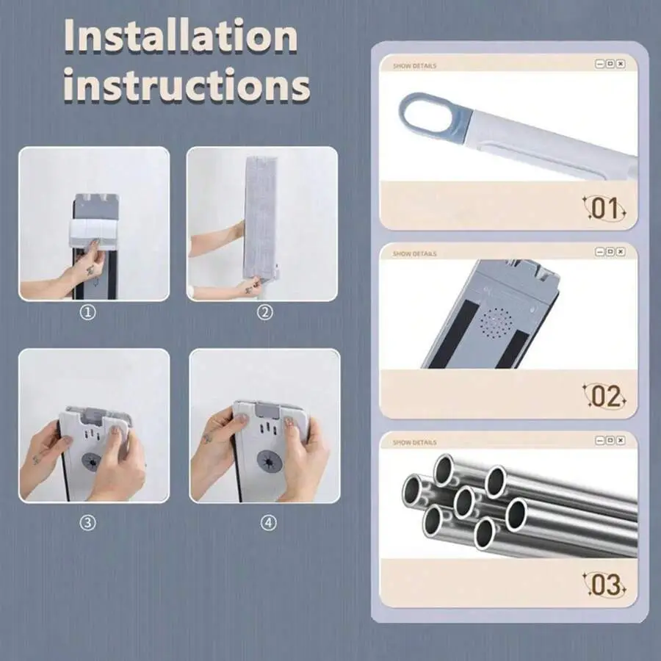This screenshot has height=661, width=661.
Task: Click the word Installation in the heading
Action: [x=181, y=36]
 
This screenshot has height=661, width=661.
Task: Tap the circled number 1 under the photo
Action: [x=87, y=312]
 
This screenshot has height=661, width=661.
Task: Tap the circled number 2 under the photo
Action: [x=264, y=312]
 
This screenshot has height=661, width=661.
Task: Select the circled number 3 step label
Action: [x=87, y=523]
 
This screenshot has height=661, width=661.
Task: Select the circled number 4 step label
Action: [x=269, y=523]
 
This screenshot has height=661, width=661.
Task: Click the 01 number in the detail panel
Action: [x=604, y=209]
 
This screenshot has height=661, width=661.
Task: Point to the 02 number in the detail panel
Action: [x=604, y=397]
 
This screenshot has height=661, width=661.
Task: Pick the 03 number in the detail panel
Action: [x=604, y=585]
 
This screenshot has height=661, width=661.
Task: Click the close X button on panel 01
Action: [x=621, y=64]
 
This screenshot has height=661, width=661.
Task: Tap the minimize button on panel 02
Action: [x=599, y=252]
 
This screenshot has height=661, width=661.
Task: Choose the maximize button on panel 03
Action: [x=610, y=441]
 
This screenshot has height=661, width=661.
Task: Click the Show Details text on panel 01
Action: [x=414, y=66]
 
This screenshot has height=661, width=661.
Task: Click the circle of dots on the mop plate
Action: [x=497, y=323]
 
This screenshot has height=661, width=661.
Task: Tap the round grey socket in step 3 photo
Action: [x=92, y=462]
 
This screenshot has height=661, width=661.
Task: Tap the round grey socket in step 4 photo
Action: [x=270, y=460]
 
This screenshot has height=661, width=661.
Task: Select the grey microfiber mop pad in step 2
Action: [x=260, y=219]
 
